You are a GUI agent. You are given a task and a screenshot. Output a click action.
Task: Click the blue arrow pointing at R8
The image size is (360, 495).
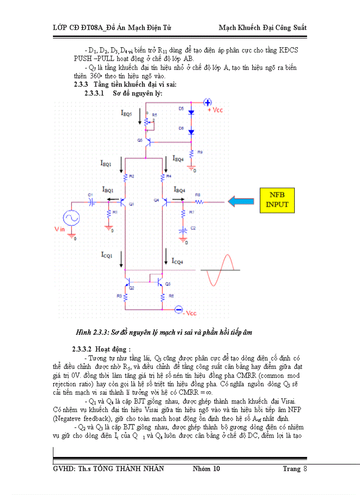tap(243, 201)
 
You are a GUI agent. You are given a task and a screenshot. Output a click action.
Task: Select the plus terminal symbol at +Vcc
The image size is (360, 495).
tap(208, 102)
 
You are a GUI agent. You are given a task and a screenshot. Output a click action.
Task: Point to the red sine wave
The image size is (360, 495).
tap(221, 270)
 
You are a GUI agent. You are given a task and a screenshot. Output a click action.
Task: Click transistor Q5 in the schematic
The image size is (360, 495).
tap(147, 141)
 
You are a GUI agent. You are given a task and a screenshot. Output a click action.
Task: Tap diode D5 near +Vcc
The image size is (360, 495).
tap(191, 112)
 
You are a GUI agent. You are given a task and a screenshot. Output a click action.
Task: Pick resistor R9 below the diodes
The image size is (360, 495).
tap(191, 153)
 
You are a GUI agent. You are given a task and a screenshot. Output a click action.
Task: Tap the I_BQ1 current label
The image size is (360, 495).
tap(108, 190)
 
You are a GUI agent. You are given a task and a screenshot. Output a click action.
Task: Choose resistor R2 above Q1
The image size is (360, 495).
tap(126, 177)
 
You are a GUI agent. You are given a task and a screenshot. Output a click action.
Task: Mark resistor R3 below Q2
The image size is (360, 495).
tap(126, 298)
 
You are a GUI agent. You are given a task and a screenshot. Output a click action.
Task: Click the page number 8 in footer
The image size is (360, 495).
tap(304, 469)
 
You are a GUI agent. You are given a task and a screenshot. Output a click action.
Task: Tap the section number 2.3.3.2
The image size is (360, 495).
tap(83, 349)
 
